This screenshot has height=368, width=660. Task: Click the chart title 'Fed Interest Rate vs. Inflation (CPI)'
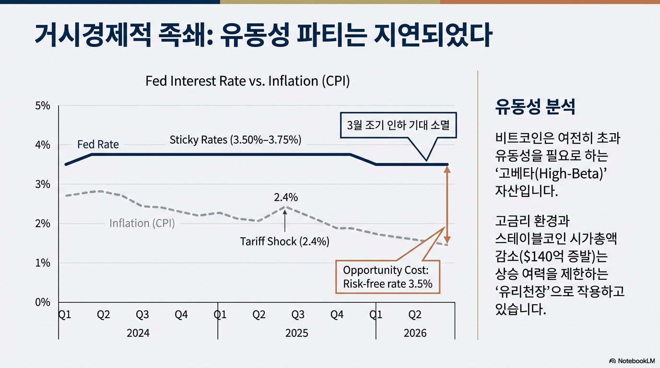247,80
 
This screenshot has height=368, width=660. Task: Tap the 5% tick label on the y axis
43,106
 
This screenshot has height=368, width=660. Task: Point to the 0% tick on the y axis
43,302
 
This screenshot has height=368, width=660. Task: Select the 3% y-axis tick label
43,184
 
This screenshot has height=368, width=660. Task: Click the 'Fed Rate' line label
98,144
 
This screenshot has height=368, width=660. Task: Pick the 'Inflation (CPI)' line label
142,223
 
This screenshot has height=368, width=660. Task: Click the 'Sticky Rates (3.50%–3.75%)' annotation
235,140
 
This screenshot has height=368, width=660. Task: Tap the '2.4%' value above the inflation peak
286,197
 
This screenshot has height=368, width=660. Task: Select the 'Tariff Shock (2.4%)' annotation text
284,241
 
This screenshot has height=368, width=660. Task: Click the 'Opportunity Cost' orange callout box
388,276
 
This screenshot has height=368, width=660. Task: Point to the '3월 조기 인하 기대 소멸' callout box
398,126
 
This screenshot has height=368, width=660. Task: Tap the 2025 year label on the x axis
296,333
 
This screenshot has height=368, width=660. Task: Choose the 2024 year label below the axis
138,333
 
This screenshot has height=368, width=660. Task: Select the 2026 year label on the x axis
415,333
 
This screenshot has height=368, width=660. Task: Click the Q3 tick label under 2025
298,315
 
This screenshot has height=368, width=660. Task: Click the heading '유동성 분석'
535,107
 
